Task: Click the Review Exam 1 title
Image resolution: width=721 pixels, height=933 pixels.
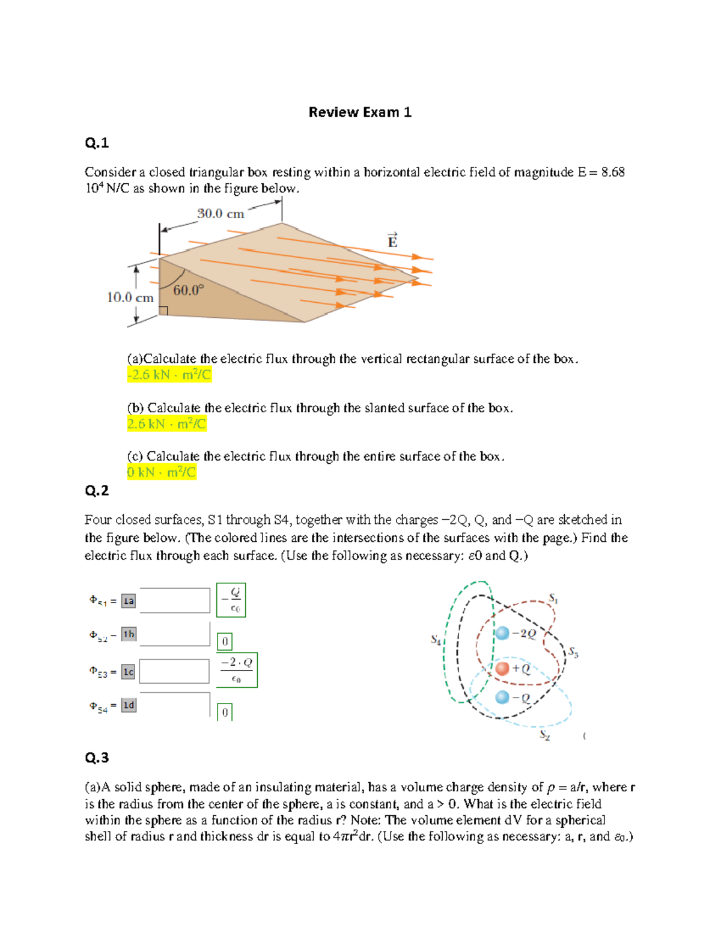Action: tap(360, 112)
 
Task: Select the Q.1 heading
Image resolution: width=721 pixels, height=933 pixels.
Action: tap(97, 143)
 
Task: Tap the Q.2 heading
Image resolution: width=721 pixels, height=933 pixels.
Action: tap(97, 491)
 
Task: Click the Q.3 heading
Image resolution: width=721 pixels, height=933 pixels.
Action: tap(97, 758)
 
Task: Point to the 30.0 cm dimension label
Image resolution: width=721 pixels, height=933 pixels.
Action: tap(221, 214)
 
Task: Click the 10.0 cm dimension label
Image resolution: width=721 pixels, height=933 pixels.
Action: tap(130, 297)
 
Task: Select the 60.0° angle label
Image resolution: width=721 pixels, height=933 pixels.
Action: tap(188, 290)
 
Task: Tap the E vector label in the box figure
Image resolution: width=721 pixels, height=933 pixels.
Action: tap(392, 240)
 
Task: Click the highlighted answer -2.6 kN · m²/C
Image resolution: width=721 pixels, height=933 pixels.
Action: tap(169, 375)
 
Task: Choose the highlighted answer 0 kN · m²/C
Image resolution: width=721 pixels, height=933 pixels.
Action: tap(161, 472)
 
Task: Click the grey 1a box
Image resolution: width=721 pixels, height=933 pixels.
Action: tap(129, 601)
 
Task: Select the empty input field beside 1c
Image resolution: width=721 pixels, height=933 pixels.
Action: tap(174, 672)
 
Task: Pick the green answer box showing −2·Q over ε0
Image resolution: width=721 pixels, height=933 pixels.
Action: tap(237, 670)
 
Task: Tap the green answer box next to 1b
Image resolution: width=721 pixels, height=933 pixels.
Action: tap(225, 642)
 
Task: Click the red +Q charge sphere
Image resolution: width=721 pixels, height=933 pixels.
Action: tap(502, 668)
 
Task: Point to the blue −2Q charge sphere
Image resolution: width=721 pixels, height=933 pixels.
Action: tap(502, 633)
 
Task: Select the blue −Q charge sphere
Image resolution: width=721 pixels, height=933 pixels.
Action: tap(502, 697)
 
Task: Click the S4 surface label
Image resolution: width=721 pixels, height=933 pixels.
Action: tap(436, 640)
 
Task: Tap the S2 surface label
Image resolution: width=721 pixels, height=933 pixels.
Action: tap(544, 734)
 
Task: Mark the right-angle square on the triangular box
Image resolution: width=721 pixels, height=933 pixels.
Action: tap(163, 311)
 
